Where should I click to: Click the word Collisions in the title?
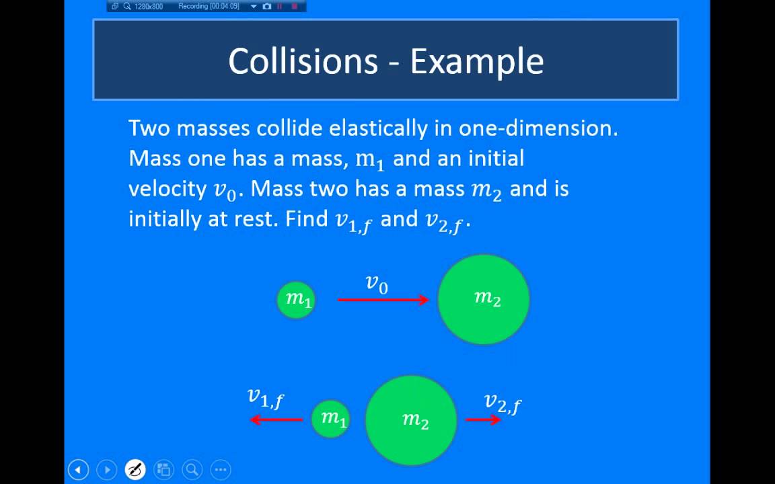303,61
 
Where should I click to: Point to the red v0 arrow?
383,300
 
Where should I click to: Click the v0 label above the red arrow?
377,284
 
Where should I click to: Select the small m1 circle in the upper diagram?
297,300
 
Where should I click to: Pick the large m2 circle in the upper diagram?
484,300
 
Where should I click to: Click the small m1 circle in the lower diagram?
331,419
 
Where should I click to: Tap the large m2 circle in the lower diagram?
411,420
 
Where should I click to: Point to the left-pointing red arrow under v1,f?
276,420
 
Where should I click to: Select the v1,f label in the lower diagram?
266,398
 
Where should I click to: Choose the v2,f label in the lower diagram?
503,403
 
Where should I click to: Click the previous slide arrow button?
78,469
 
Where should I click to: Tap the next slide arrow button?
107,469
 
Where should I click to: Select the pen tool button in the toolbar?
135,469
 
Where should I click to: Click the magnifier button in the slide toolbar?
192,469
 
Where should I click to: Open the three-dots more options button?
221,469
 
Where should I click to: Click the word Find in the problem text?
307,218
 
